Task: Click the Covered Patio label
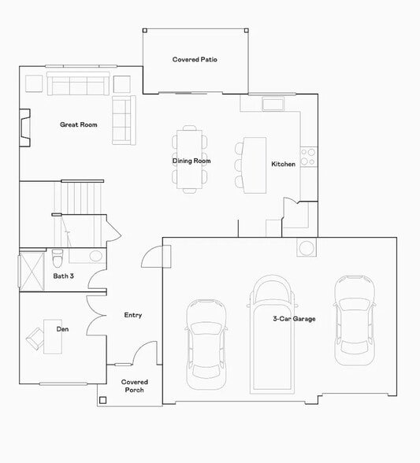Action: (x=195, y=60)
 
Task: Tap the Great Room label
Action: (x=79, y=124)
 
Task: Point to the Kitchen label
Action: (x=284, y=165)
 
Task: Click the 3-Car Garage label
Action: (x=294, y=319)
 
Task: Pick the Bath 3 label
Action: (x=64, y=276)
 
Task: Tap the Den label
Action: (x=62, y=328)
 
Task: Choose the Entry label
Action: (x=133, y=316)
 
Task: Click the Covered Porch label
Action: (x=134, y=386)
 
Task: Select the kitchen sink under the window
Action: (x=273, y=104)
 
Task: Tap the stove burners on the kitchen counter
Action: (x=308, y=157)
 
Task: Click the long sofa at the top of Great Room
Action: (x=77, y=83)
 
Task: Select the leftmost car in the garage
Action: (x=206, y=343)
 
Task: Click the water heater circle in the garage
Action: (x=307, y=248)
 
